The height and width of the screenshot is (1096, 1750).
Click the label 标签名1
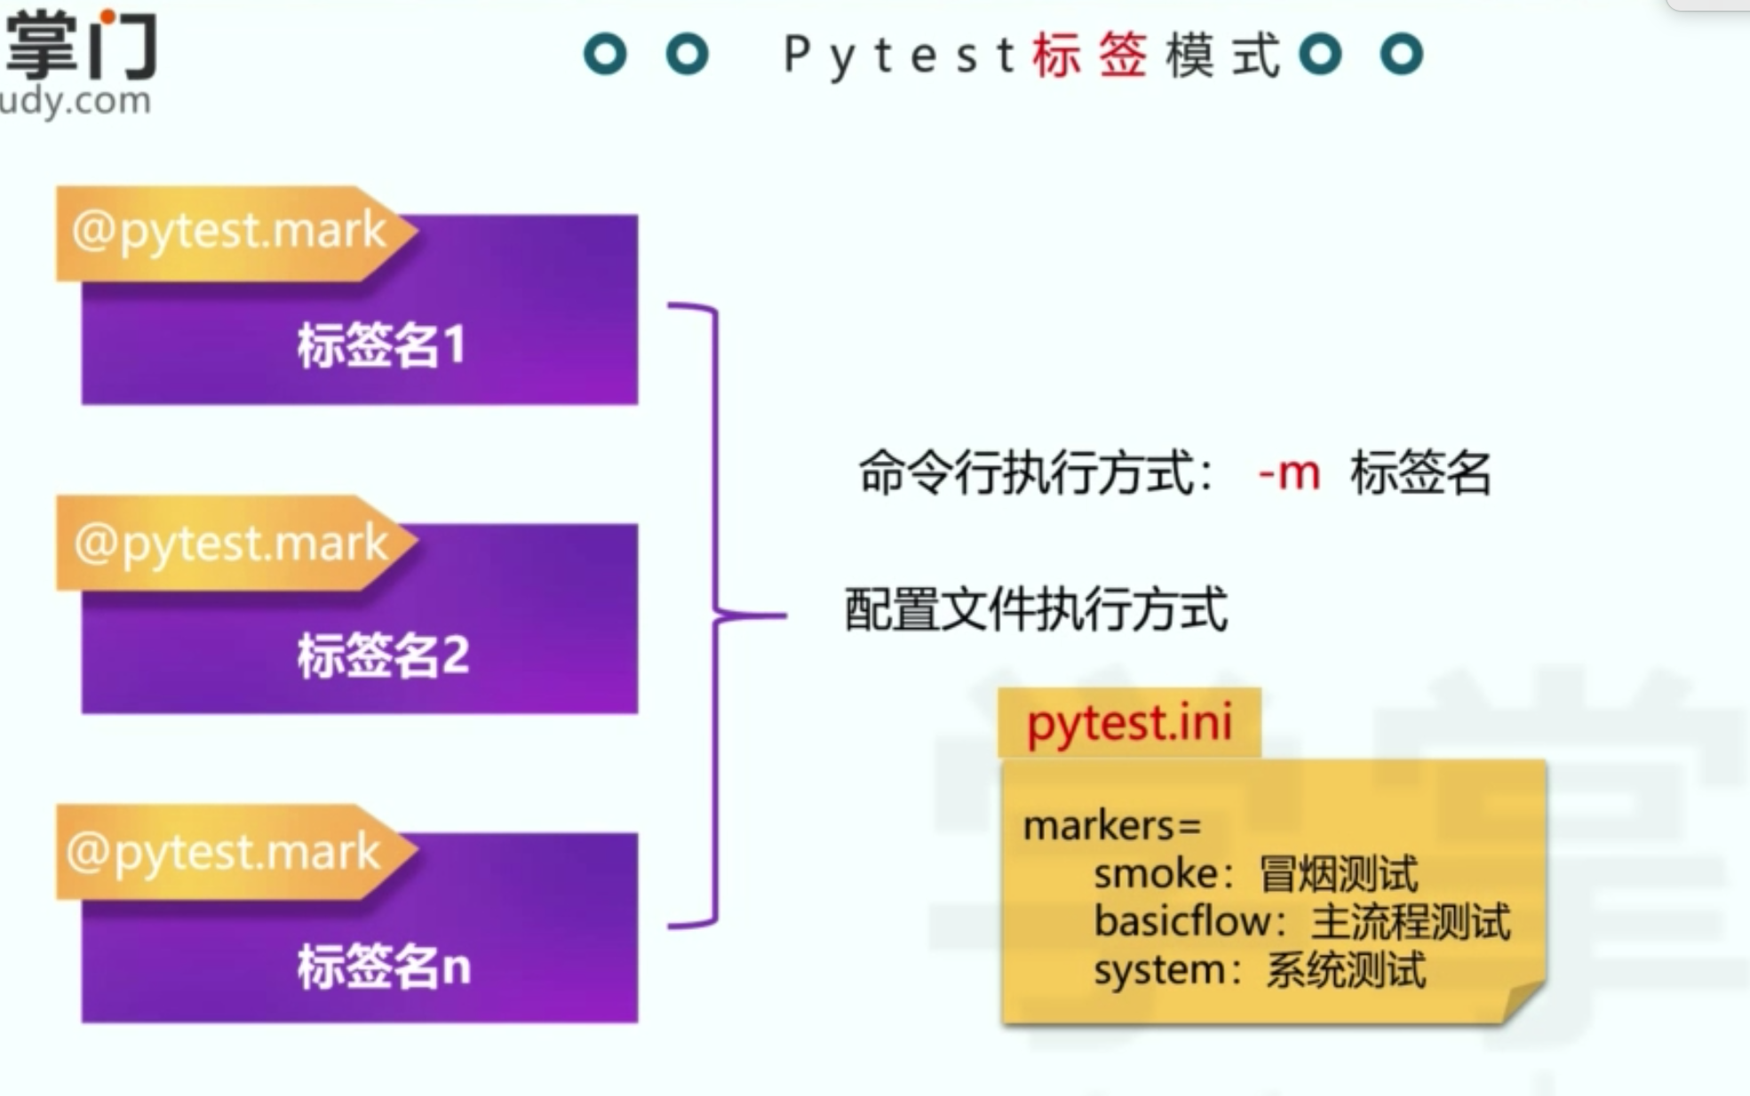pos(381,345)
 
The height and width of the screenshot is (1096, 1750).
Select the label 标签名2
pos(383,655)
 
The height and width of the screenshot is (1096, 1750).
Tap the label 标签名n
pos(384,965)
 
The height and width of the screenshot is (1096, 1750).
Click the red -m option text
pos(1289,473)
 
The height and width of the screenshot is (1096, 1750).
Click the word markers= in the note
pos(1112,826)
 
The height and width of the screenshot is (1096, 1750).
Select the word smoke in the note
pos(1156,874)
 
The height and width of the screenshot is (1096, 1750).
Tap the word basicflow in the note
pos(1181,921)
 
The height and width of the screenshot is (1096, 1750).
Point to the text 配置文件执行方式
pos(1036,610)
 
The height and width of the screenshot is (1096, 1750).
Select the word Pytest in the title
pos(899,56)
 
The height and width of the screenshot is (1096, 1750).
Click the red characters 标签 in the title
pos(1090,55)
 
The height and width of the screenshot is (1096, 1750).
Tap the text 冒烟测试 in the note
pos(1339,874)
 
